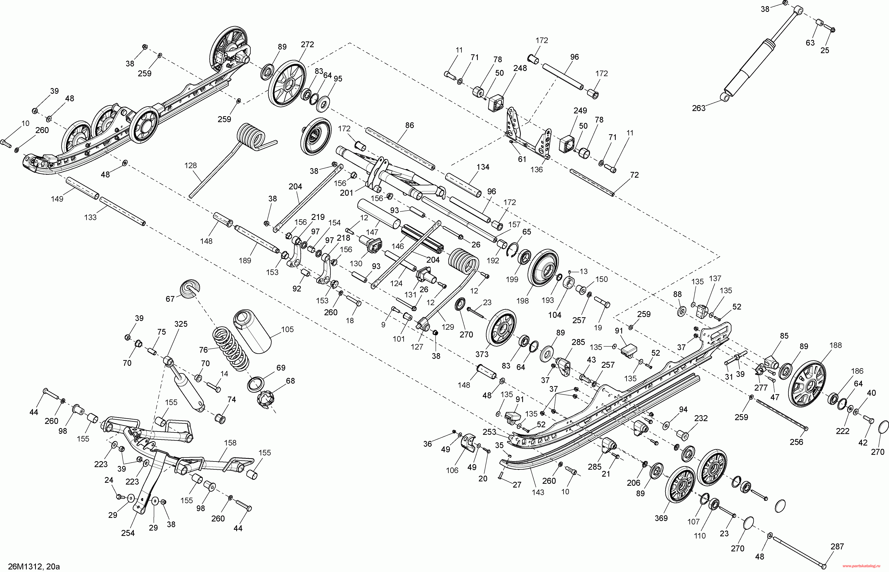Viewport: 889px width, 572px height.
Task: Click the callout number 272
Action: [x=307, y=45]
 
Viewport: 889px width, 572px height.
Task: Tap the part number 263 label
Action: [x=699, y=108]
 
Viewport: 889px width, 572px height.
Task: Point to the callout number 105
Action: [x=287, y=330]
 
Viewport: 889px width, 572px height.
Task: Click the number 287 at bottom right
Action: [x=837, y=547]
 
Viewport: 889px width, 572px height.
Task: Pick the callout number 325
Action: [x=181, y=324]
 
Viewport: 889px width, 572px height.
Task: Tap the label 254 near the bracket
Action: [x=128, y=533]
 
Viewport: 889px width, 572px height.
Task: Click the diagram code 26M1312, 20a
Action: [x=34, y=566]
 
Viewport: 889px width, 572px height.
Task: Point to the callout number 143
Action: [x=538, y=492]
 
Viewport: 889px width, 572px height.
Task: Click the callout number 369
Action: [x=661, y=518]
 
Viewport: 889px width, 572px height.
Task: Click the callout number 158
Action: [x=230, y=443]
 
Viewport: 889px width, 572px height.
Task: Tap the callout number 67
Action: [x=170, y=299]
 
